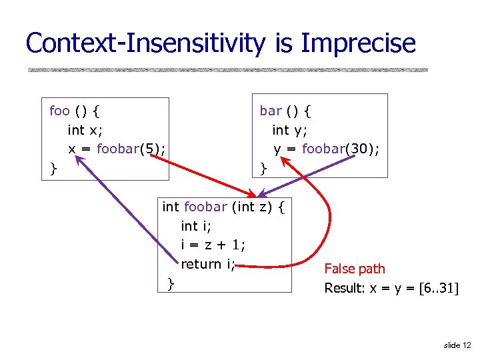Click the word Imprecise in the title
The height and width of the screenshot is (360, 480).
coord(358,43)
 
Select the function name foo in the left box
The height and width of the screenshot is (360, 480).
coord(59,110)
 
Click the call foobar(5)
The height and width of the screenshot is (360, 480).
coord(131,149)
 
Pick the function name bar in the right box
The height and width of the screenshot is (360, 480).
coord(271,110)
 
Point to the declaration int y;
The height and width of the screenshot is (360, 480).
coord(289,129)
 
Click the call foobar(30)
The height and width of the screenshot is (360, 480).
coord(341,149)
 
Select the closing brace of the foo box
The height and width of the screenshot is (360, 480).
coord(53,169)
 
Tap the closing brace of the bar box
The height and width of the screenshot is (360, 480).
coord(263,169)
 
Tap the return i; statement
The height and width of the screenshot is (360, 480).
coord(208,264)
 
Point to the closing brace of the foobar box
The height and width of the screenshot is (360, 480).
coord(171,283)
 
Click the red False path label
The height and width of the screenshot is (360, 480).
coord(354,269)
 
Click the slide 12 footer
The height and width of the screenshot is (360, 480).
coord(457,345)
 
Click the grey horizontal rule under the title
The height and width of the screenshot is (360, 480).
coord(227,69)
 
